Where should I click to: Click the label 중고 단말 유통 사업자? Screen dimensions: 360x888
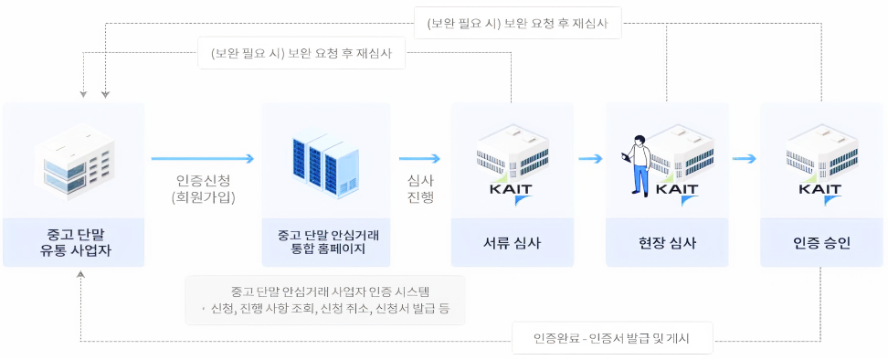(73, 242)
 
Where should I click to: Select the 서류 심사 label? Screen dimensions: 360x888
(512, 243)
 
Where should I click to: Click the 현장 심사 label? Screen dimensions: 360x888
(667, 243)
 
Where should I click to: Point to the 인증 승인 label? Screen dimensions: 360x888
(821, 243)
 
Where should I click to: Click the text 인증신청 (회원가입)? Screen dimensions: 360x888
(202, 187)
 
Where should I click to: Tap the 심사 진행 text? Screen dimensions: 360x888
(419, 187)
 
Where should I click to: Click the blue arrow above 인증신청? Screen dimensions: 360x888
(202, 158)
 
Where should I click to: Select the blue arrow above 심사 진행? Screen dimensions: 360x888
(419, 158)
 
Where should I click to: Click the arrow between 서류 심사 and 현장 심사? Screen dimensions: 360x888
(590, 158)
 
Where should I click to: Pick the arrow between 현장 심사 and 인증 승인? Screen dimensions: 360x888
(745, 158)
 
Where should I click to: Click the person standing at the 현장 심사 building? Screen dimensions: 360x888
(638, 163)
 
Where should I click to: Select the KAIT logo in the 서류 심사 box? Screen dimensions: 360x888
(511, 190)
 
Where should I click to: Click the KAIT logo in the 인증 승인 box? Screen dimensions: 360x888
(819, 190)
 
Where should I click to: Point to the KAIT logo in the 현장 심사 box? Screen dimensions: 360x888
(677, 190)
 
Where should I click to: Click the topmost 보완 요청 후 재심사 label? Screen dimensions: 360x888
(518, 23)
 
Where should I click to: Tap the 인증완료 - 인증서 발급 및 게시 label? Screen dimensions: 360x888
(611, 340)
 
